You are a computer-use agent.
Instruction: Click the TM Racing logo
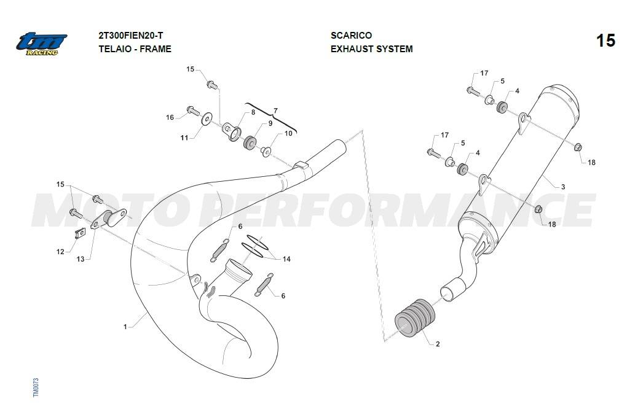42,44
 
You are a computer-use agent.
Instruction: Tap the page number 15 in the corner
605,41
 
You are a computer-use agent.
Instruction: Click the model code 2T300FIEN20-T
131,36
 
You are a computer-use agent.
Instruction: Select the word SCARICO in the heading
351,36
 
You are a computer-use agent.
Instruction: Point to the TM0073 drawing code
36,387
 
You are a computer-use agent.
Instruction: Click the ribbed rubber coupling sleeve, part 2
415,317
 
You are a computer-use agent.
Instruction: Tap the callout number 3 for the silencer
563,187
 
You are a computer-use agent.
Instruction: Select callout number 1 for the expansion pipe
125,327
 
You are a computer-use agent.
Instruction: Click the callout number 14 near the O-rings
286,259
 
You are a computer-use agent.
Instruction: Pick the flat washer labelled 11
207,119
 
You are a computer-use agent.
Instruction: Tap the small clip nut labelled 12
81,233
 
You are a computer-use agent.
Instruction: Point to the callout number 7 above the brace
275,111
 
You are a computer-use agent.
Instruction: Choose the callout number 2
438,344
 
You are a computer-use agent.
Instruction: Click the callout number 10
288,133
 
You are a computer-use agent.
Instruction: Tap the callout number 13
81,259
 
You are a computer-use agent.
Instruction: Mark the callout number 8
253,112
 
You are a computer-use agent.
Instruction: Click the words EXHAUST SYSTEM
371,49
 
